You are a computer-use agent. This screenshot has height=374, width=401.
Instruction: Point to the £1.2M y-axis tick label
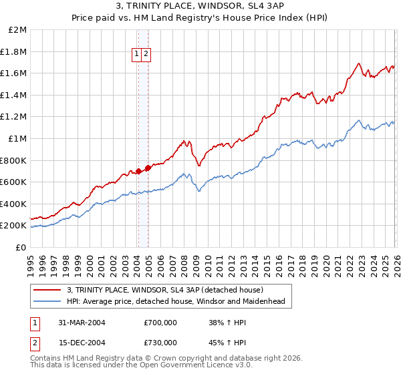point(14,117)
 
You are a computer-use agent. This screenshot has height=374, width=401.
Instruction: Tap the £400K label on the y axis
point(14,204)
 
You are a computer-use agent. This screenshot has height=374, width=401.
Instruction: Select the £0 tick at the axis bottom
point(21,247)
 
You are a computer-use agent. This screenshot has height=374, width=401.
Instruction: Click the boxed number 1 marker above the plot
point(137,55)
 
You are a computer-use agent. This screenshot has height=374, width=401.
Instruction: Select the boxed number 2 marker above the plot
point(146,55)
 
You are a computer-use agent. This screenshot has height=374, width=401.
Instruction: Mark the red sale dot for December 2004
point(147,168)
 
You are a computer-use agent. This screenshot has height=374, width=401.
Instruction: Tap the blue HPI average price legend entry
point(176,302)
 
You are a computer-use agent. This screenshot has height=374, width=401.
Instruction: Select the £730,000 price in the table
point(160,342)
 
